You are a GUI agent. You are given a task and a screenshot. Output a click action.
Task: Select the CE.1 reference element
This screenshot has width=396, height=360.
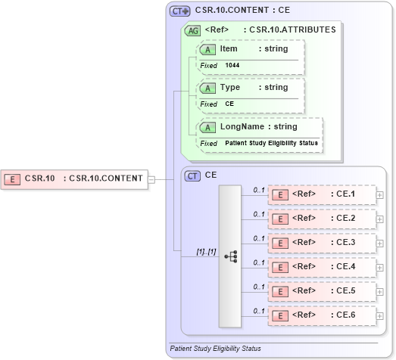323,194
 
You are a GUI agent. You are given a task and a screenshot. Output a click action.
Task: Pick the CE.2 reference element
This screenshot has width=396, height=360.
323,219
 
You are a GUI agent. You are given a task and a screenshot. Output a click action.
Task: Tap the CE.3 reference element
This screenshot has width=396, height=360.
323,243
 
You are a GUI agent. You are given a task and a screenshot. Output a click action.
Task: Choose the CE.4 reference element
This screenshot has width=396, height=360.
323,267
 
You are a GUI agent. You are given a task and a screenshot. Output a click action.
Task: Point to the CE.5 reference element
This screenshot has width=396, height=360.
323,290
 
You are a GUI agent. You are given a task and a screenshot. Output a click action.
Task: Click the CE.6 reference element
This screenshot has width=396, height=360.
323,315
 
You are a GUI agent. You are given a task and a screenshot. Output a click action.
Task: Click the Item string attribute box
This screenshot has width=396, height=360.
251,49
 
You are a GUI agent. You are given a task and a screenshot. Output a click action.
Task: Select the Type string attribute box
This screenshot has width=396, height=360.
251,88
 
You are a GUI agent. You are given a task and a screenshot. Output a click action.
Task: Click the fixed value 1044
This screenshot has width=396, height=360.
232,66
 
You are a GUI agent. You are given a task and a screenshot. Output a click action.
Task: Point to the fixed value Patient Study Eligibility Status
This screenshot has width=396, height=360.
271,143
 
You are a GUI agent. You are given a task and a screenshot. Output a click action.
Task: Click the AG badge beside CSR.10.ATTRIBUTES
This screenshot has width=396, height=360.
193,30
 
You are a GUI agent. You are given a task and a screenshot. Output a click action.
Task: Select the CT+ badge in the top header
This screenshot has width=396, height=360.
179,11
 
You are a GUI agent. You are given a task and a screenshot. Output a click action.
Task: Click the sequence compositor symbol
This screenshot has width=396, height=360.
230,256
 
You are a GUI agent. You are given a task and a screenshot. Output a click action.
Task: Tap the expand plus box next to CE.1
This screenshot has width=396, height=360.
380,195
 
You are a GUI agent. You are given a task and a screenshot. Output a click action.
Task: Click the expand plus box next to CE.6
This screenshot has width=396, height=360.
380,315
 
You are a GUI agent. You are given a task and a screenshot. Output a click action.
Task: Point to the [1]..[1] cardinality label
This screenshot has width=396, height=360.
207,251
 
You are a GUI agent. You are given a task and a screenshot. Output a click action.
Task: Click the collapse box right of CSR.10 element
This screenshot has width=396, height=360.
151,179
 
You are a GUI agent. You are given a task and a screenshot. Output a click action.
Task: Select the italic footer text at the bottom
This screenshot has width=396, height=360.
216,349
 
